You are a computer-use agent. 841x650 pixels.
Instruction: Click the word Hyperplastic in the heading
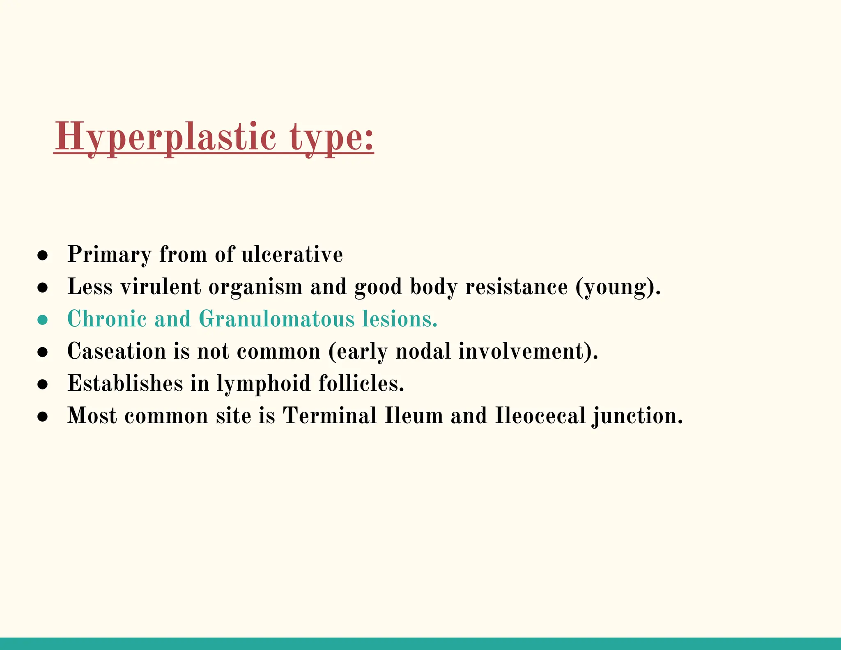pyautogui.click(x=165, y=137)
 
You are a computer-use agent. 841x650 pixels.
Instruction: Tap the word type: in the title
pyautogui.click(x=331, y=137)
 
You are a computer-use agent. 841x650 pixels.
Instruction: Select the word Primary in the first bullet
pyautogui.click(x=109, y=254)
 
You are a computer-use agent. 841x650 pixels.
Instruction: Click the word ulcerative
pyautogui.click(x=292, y=254)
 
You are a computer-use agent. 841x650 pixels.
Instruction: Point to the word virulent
pyautogui.click(x=161, y=286)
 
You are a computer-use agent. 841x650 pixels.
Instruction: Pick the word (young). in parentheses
pyautogui.click(x=618, y=287)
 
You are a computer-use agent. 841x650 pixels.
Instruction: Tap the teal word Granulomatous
pyautogui.click(x=276, y=319)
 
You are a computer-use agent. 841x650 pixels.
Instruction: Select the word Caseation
pyautogui.click(x=116, y=351)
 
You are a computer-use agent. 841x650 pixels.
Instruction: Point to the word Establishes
pyautogui.click(x=125, y=383)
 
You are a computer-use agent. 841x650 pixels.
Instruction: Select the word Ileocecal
pyautogui.click(x=540, y=415)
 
